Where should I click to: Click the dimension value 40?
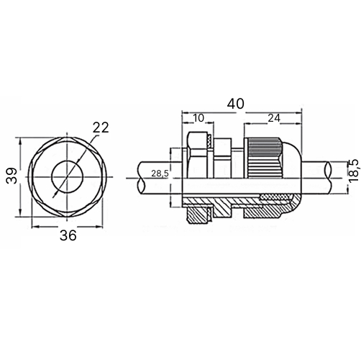(x=236, y=104)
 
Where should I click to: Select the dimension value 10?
(x=198, y=118)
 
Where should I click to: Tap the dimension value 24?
(x=274, y=118)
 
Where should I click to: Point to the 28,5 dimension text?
(x=160, y=174)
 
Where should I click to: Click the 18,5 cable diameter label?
(x=355, y=171)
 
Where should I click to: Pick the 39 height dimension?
(x=12, y=176)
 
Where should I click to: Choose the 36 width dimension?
(x=68, y=235)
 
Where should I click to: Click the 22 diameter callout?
(x=101, y=127)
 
